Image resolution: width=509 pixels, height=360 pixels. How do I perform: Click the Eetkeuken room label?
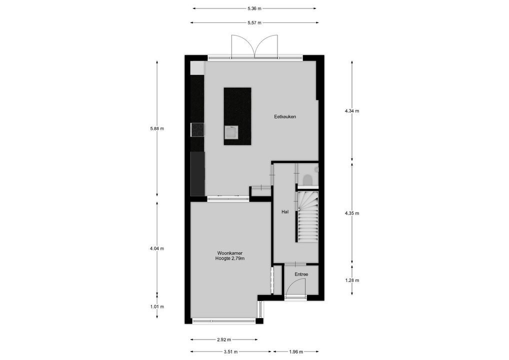click(285, 117)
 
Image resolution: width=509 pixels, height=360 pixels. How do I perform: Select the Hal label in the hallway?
click(285, 212)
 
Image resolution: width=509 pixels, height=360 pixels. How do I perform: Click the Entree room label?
click(301, 274)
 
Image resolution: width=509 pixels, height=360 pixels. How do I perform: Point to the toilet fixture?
click(308, 179)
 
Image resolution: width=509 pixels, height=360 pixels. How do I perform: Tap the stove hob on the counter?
click(197, 129)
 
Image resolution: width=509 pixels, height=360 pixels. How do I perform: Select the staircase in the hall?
click(307, 217)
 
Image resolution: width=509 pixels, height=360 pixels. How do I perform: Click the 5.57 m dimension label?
click(254, 22)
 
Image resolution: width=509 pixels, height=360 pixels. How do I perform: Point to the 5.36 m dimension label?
click(254, 8)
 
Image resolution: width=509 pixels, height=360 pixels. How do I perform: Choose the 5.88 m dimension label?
click(157, 128)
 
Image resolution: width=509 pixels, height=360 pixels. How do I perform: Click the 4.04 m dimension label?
click(157, 248)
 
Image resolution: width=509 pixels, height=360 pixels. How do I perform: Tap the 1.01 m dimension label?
click(157, 307)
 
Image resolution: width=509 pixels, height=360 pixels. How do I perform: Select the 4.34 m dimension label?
click(352, 111)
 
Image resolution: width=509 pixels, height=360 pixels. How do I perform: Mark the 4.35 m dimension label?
click(352, 213)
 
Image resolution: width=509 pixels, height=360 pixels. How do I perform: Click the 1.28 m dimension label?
click(352, 280)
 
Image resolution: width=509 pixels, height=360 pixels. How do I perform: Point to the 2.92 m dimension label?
click(224, 339)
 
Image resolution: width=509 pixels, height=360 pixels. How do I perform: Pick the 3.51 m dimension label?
click(230, 351)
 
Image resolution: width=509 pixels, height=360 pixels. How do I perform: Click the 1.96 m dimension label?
click(297, 351)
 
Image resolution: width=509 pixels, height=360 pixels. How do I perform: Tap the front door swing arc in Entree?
click(296, 286)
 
